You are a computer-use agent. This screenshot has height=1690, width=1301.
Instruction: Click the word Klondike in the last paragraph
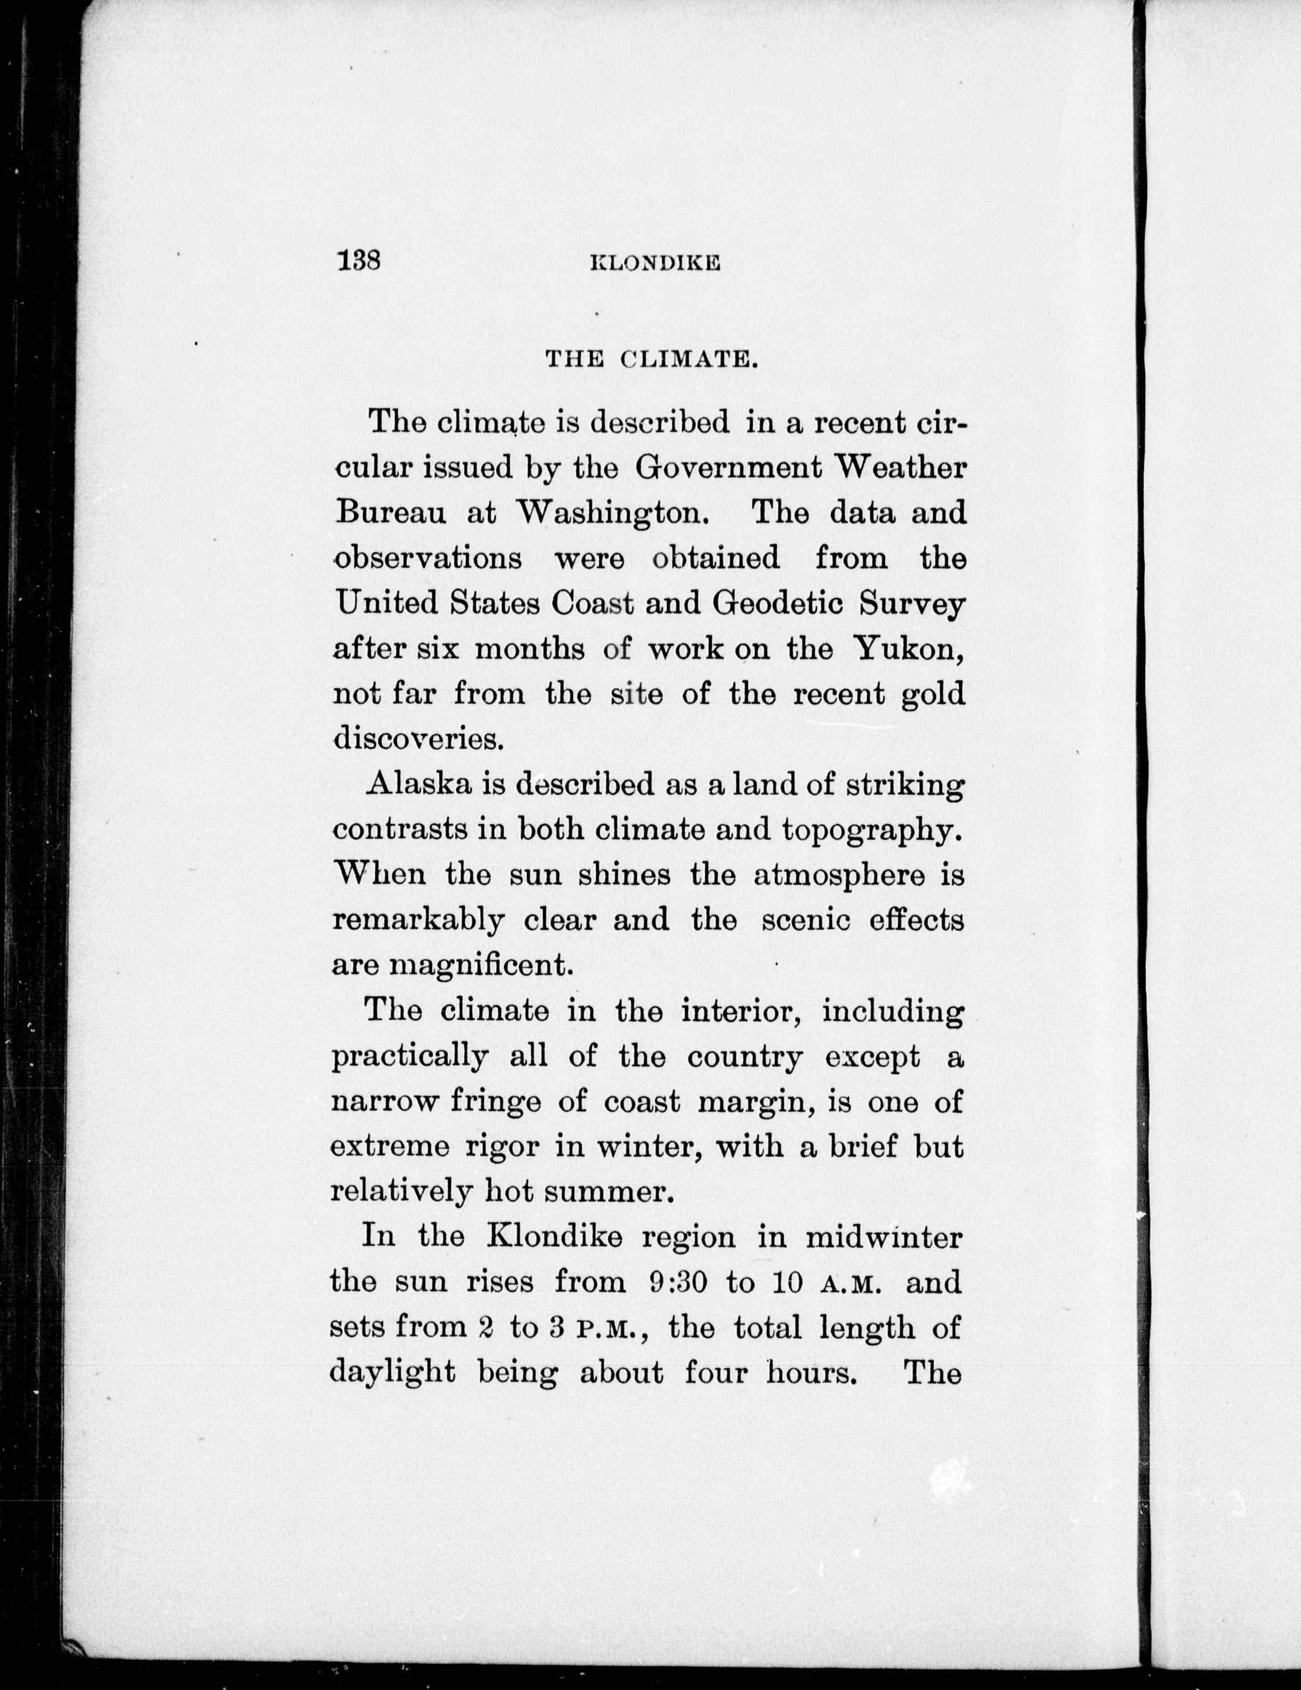[x=554, y=1237]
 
